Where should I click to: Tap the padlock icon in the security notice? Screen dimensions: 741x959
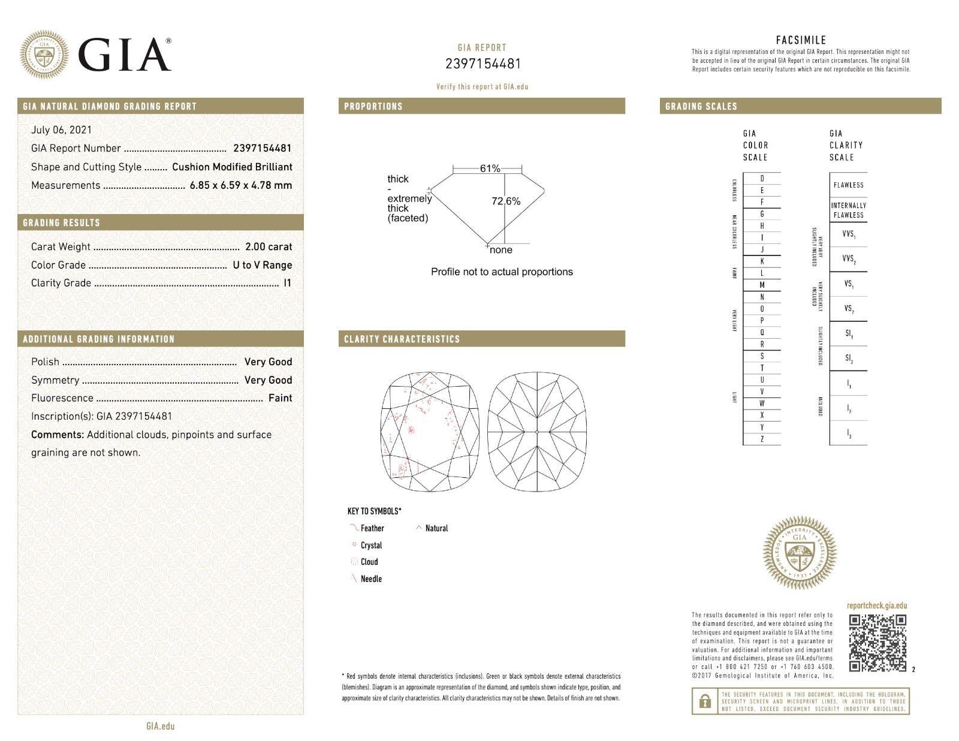pyautogui.click(x=705, y=701)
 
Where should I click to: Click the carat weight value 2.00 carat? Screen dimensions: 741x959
pyautogui.click(x=269, y=246)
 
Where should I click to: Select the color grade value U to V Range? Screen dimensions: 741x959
pyautogui.click(x=262, y=265)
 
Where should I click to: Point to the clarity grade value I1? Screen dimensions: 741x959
pyautogui.click(x=287, y=283)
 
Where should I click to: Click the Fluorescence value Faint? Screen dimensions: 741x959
pyautogui.click(x=280, y=398)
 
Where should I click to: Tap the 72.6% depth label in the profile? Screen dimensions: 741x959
pyautogui.click(x=506, y=201)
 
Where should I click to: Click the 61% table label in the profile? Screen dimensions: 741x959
pyautogui.click(x=490, y=169)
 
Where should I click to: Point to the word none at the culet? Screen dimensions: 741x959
pyautogui.click(x=501, y=250)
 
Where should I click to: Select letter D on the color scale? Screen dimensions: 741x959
pyautogui.click(x=762, y=179)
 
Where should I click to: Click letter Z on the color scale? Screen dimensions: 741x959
pyautogui.click(x=762, y=439)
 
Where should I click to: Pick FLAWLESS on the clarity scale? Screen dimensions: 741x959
pyautogui.click(x=848, y=185)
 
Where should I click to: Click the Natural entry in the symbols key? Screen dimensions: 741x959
pyautogui.click(x=436, y=528)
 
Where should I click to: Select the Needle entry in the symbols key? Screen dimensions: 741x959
pyautogui.click(x=371, y=579)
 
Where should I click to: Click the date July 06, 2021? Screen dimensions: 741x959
pyautogui.click(x=61, y=129)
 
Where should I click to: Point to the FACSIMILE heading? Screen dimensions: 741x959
pyautogui.click(x=801, y=40)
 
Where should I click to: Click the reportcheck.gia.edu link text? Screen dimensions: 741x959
pyautogui.click(x=877, y=606)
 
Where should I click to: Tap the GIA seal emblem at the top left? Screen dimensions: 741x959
pyautogui.click(x=44, y=55)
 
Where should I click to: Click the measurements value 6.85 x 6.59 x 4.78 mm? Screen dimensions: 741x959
pyautogui.click(x=240, y=185)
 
